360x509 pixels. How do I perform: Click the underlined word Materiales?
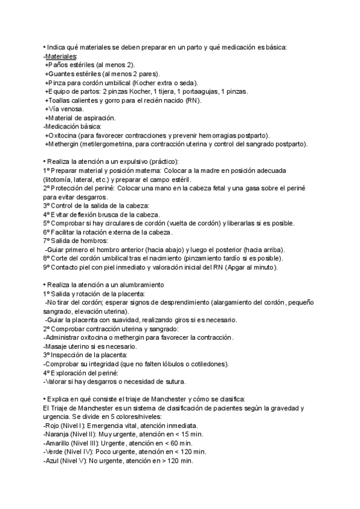[x=61, y=56]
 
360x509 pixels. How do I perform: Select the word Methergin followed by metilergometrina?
[x=67, y=144]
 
